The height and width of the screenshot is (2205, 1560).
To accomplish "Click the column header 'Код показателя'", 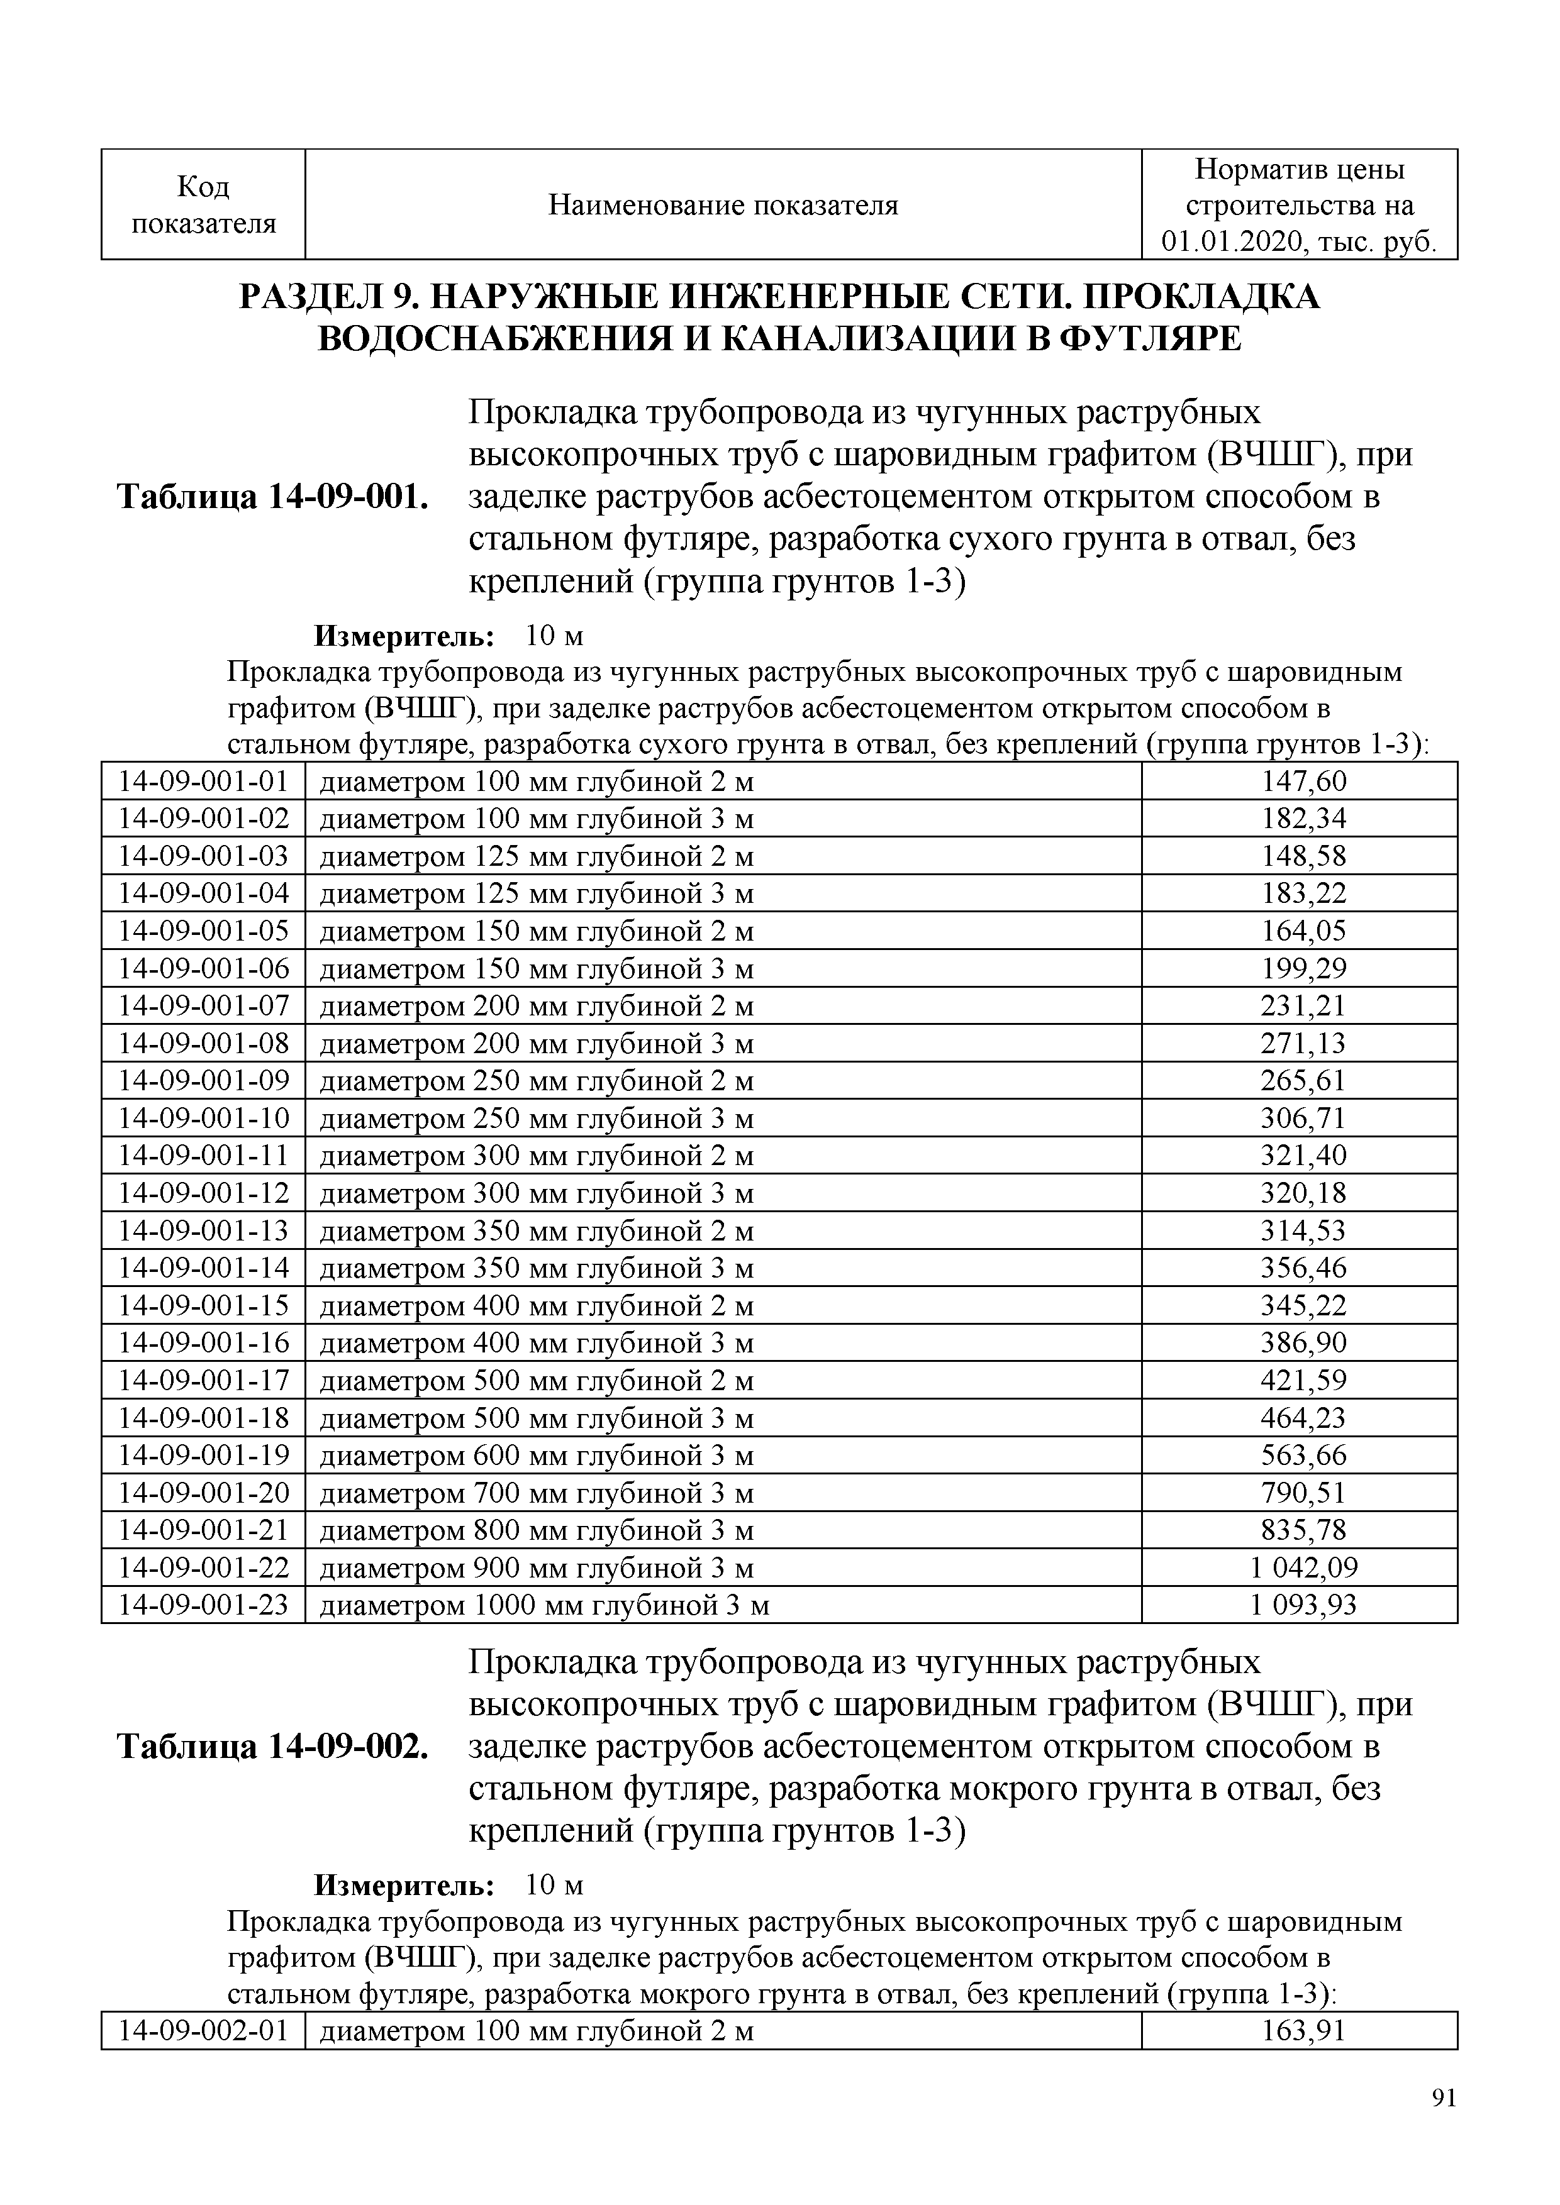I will (204, 204).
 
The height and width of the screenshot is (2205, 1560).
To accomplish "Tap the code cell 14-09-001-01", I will (204, 782).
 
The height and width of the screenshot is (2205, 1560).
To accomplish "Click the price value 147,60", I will (1303, 782).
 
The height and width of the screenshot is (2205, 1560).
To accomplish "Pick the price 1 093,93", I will (1303, 1605).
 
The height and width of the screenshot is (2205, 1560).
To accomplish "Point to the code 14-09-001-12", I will (204, 1193).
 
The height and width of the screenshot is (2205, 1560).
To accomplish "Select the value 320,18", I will (1303, 1193).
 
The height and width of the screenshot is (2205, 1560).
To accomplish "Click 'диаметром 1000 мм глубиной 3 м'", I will (543, 1605).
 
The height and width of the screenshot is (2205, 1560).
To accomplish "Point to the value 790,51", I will (1303, 1493).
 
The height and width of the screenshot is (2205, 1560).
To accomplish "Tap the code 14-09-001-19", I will (204, 1455).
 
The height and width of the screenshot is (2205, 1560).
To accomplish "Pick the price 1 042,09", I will (1303, 1567).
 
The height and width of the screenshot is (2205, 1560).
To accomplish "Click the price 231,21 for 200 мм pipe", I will (1303, 1005).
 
